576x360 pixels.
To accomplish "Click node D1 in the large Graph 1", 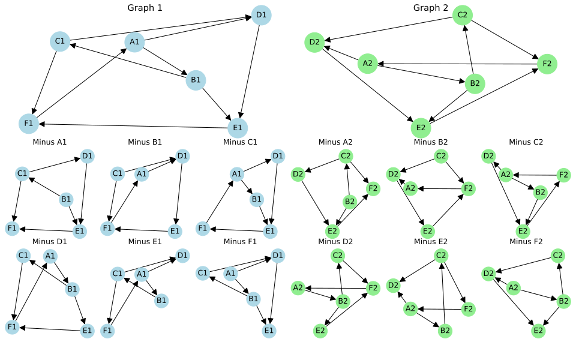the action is [261, 15].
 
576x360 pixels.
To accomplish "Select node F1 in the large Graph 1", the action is [29, 124].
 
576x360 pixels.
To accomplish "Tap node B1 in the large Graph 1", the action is [196, 80].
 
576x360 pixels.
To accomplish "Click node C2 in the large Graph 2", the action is [463, 15].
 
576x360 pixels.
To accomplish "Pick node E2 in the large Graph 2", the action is [421, 128].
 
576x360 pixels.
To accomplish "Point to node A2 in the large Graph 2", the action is [368, 64].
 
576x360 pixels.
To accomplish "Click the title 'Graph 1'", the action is [145, 8].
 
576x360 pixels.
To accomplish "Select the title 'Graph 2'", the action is [431, 8].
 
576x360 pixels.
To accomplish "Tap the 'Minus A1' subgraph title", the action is [50, 142].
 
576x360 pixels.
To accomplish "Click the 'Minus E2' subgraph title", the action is [431, 242].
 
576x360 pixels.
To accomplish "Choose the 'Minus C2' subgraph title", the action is [526, 142].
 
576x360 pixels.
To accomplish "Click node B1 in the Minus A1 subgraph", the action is [66, 200].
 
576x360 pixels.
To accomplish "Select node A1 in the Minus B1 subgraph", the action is [142, 174].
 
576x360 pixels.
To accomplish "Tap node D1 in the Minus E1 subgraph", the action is [182, 256].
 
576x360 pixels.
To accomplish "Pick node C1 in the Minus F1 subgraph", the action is [203, 273].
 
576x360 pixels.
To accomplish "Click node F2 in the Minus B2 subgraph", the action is [469, 189].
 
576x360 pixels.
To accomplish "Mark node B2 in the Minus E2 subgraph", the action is [445, 331].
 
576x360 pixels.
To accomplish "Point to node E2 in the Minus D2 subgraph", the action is [320, 331].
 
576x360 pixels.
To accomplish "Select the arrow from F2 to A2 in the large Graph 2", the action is [457, 64].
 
